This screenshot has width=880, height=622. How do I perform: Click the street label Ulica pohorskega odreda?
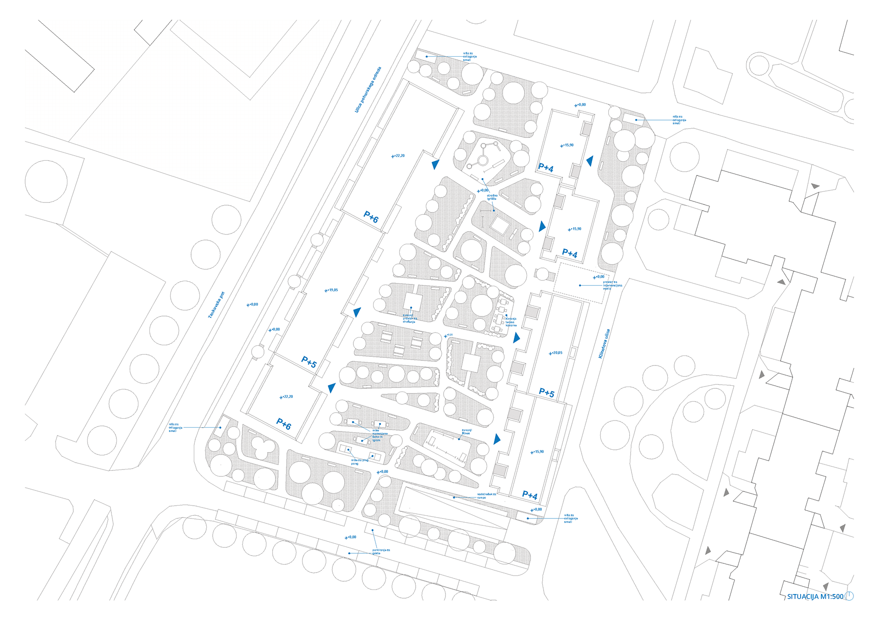pos(368,90)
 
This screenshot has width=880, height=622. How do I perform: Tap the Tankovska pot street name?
pos(216,305)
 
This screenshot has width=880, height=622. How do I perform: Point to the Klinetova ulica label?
pos(604,344)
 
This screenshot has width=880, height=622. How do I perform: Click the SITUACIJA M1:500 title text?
pos(815,596)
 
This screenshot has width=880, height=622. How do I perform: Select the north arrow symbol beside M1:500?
pos(849,596)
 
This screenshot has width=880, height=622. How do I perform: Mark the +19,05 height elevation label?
pos(331,290)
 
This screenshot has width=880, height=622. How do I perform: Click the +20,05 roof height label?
pos(556,353)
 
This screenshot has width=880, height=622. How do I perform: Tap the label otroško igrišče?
pos(492,197)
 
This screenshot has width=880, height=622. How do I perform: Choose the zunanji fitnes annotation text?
pos(466,431)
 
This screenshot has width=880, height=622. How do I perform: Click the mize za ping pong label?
pos(359,462)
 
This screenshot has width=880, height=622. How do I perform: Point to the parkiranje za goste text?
pos(380,551)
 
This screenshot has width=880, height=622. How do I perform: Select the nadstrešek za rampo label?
pos(486,496)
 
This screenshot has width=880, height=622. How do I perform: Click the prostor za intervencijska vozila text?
pos(612,285)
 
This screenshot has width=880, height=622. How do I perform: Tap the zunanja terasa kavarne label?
pos(511,322)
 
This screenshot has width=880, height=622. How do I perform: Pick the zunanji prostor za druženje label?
pos(409,318)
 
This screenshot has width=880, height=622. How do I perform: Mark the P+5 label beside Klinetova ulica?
pos(546,393)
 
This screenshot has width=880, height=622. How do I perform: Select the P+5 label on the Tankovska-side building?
pos(309,362)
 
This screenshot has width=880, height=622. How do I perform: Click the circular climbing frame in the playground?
pos(483,160)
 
